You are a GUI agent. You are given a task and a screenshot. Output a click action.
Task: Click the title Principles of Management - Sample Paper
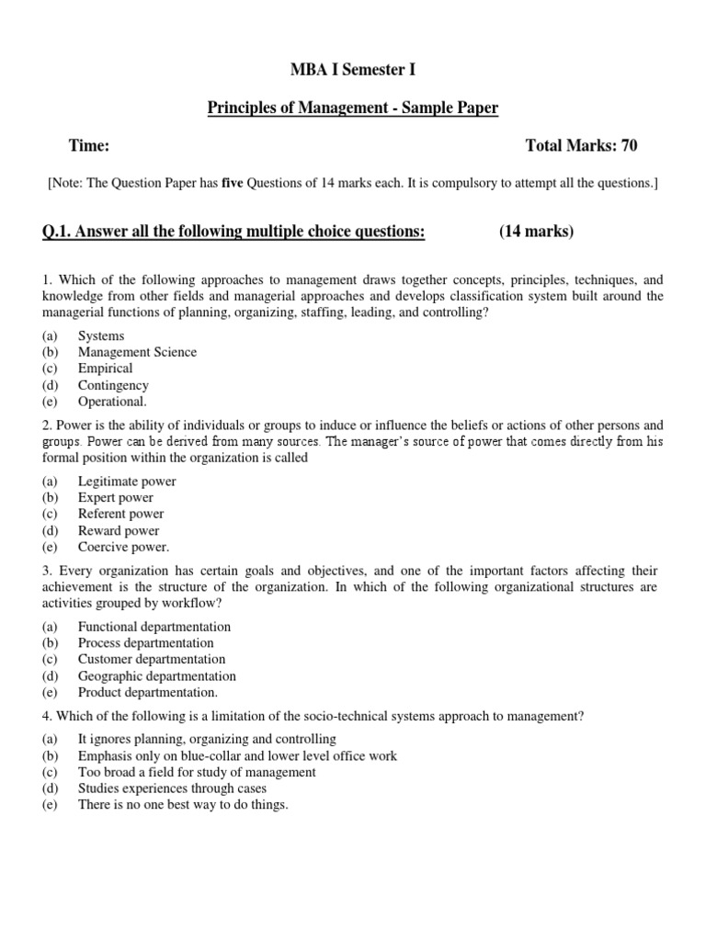click(352, 108)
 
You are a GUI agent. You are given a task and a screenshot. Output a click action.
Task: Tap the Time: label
click(89, 145)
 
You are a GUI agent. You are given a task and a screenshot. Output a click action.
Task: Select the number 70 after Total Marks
click(628, 145)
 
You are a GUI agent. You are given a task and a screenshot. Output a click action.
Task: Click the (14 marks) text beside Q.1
click(536, 231)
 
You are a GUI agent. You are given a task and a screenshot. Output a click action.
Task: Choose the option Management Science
click(137, 352)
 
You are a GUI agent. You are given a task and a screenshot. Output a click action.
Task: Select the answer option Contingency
click(113, 385)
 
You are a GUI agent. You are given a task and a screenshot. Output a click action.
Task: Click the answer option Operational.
click(111, 402)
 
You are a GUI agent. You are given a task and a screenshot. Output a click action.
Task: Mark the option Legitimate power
click(127, 481)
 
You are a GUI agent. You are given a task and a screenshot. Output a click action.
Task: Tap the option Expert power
click(116, 497)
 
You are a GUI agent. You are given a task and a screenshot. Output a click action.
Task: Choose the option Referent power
click(120, 514)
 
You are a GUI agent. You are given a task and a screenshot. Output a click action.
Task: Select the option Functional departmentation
click(154, 626)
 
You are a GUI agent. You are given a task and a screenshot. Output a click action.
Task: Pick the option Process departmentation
click(145, 642)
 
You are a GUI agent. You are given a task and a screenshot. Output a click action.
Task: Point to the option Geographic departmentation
click(157, 675)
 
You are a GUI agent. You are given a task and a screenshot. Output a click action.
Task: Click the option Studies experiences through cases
click(172, 788)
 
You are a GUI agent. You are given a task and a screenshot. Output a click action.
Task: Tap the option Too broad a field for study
click(197, 772)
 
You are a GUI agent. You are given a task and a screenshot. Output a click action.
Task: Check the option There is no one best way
click(183, 805)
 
